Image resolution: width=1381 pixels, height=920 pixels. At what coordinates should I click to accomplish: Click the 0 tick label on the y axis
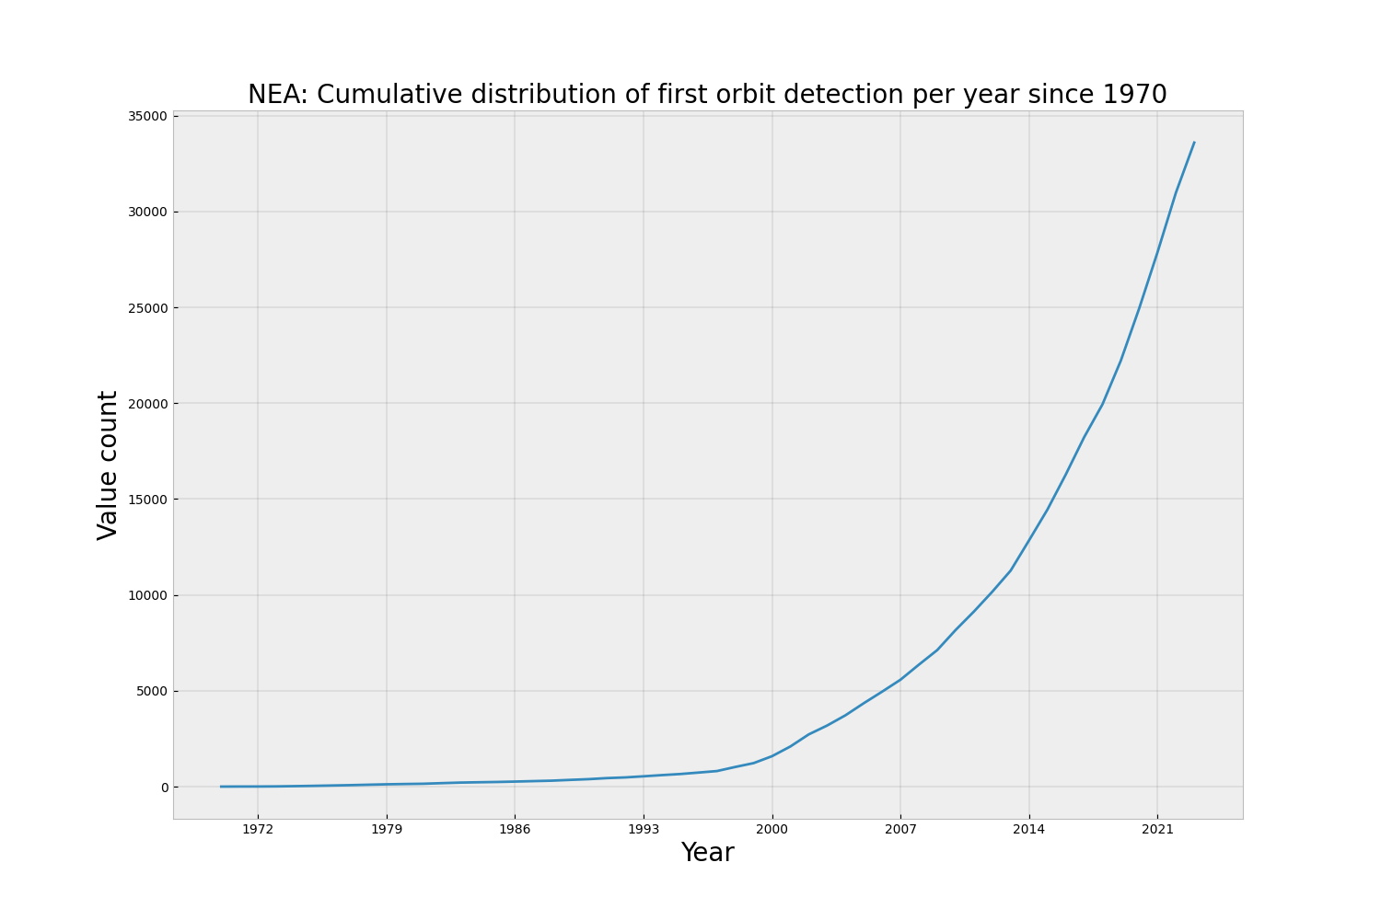164,788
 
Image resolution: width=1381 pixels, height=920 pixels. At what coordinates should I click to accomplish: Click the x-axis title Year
707,854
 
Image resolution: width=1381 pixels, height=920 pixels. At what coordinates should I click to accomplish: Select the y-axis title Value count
109,465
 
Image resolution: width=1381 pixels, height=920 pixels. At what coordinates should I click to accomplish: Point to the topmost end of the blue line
1194,143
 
